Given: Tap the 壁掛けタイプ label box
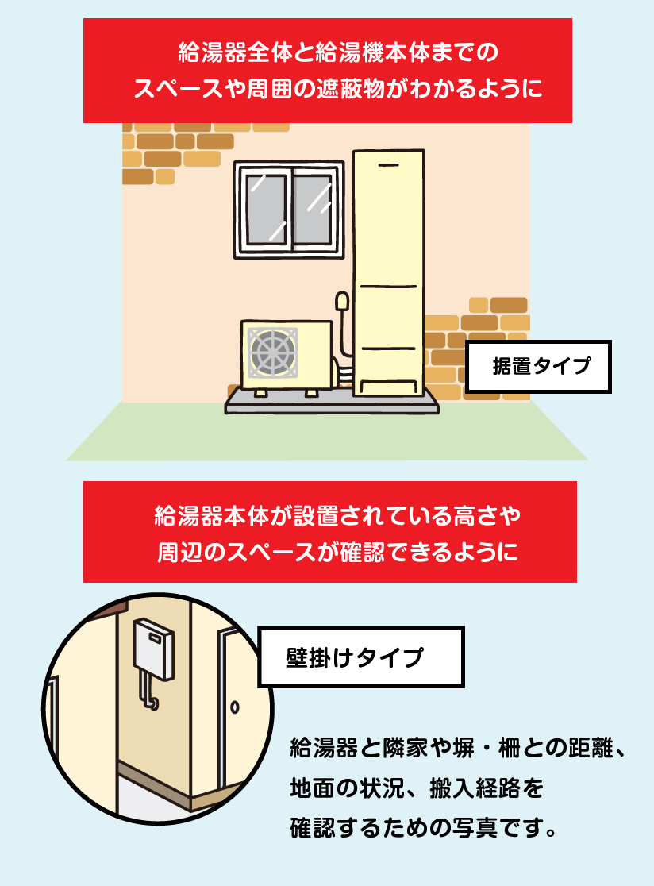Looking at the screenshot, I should tap(361, 657).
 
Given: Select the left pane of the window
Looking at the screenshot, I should tap(266, 208).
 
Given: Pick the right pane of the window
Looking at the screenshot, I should tap(312, 208).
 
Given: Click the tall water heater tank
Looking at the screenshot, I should tap(388, 270).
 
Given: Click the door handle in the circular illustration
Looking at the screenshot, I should tap(235, 707).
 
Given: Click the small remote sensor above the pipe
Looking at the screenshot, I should tap(342, 302).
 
